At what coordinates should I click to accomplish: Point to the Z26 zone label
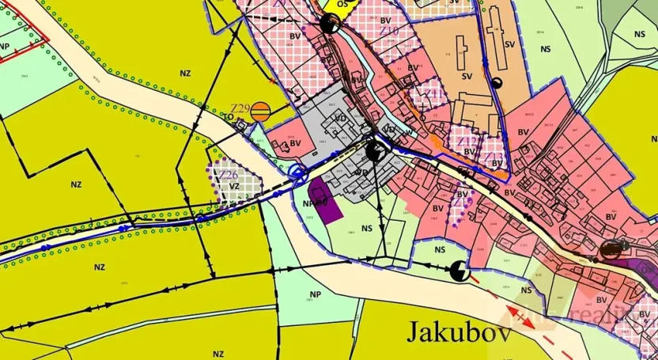click(229, 174)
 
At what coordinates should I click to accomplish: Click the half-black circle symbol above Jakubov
click(459, 273)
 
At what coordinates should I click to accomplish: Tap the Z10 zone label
click(389, 31)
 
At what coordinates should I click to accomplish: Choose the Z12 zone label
click(468, 141)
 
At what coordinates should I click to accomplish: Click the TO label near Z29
click(227, 117)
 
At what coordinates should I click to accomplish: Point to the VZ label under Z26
click(233, 187)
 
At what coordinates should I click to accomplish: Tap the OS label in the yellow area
click(342, 4)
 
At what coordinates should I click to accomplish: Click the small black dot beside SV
click(497, 83)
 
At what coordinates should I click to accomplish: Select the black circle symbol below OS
click(330, 24)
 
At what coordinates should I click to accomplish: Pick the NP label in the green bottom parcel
click(314, 294)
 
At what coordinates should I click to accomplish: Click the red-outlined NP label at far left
click(5, 46)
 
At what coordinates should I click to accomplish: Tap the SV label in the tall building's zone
click(510, 44)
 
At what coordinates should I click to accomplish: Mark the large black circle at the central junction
click(376, 150)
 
